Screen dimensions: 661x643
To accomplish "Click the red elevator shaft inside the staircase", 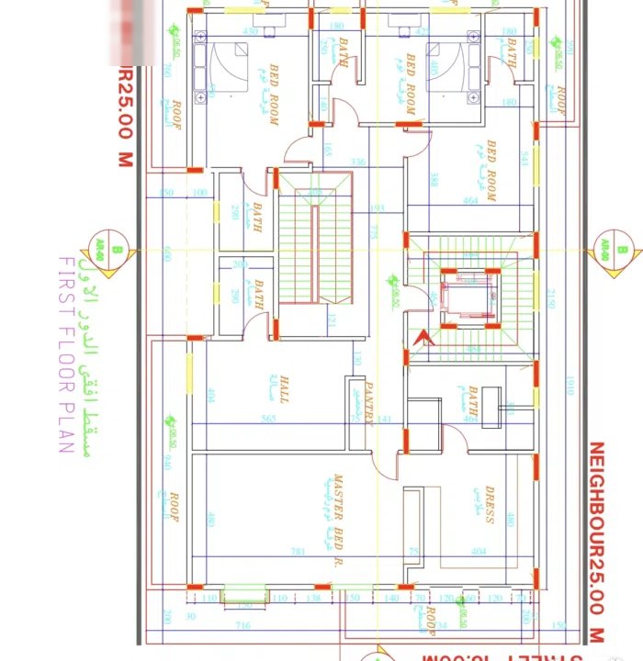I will click(x=468, y=298).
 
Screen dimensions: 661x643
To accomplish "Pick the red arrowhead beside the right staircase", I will click(x=423, y=338).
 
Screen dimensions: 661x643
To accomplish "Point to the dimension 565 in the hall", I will click(x=269, y=419).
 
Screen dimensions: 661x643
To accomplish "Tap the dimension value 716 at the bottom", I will click(x=244, y=625).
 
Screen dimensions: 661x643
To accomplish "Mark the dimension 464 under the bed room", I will click(x=471, y=200).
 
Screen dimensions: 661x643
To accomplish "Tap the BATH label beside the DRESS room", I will click(x=472, y=403).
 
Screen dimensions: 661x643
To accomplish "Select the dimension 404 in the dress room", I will click(x=478, y=552).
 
